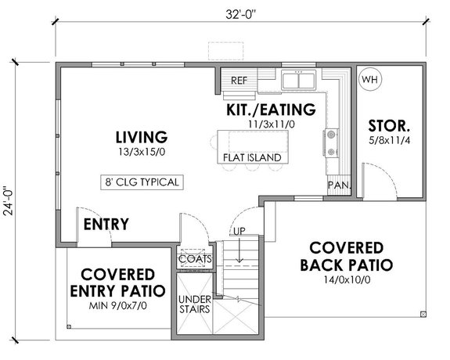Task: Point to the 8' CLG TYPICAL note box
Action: click(x=142, y=182)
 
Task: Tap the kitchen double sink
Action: click(x=298, y=79)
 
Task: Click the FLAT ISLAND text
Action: click(x=251, y=157)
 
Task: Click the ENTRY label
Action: click(x=106, y=225)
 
